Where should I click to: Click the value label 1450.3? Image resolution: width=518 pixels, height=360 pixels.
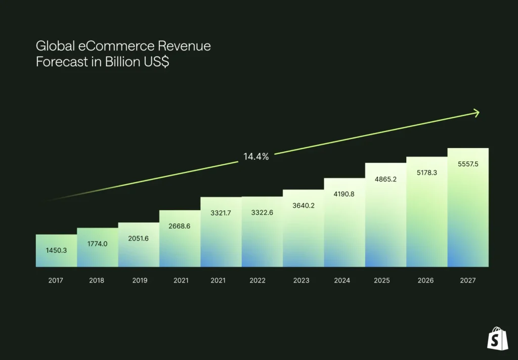point(56,250)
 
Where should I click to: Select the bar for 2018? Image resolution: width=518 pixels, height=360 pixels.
point(97,248)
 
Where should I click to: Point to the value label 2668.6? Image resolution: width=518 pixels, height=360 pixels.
point(179,226)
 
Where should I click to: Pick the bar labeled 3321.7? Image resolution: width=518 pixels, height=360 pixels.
point(221,233)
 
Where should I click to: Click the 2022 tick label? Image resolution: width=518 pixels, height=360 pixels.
point(257,281)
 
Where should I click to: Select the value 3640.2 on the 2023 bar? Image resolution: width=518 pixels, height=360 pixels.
point(303,206)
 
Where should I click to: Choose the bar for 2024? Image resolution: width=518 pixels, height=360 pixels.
point(344,222)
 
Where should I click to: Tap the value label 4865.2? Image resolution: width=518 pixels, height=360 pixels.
point(385,179)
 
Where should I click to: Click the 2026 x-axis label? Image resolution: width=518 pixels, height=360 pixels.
point(426,281)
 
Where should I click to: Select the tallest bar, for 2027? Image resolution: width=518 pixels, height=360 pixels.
point(468,207)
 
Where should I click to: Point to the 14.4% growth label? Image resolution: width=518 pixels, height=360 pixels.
point(256,157)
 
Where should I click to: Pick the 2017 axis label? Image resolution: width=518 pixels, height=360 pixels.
point(56,281)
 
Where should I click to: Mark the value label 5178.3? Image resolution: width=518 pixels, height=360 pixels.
point(426,173)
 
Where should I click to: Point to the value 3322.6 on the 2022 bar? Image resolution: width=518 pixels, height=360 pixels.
point(262,213)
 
